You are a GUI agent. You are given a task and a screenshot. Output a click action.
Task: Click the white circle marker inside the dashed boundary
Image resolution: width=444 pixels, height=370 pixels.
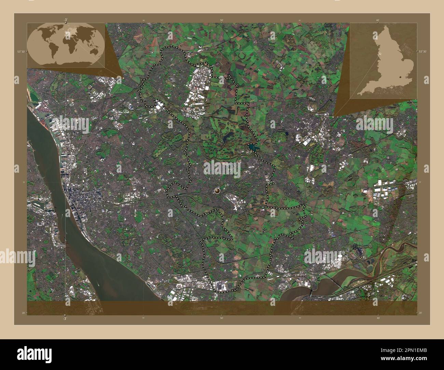pyautogui.click(x=217, y=190)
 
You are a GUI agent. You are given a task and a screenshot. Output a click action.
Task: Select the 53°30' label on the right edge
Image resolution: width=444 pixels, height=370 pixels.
pyautogui.click(x=422, y=52)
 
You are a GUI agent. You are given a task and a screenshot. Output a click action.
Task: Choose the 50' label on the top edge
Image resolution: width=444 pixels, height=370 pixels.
pyautogui.click(x=222, y=20)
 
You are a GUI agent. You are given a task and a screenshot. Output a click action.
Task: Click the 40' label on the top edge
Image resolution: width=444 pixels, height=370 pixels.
pyautogui.click(x=378, y=20)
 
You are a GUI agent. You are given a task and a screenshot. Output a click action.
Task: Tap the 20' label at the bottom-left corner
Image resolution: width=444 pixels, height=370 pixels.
pyautogui.click(x=24, y=313)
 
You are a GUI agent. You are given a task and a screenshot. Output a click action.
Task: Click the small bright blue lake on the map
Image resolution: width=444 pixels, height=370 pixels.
pyautogui.click(x=252, y=147)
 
